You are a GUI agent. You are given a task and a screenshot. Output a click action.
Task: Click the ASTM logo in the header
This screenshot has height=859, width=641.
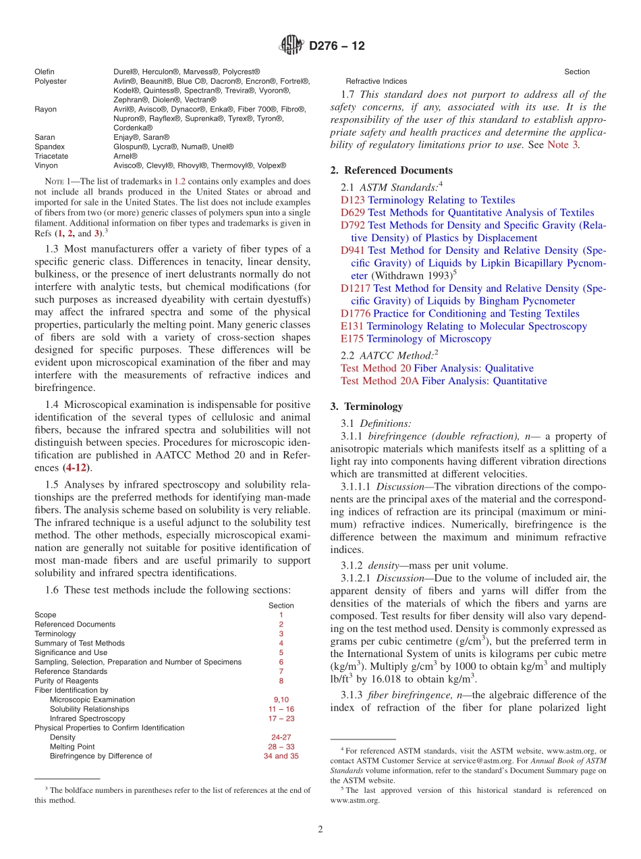coord(292,46)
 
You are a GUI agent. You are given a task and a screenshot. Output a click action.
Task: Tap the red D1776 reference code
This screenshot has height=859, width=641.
coord(356,313)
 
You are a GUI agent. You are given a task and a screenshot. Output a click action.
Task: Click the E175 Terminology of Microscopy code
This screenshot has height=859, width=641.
coord(352,339)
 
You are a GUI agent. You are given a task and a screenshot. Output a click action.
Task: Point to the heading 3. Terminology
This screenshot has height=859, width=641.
coord(366,407)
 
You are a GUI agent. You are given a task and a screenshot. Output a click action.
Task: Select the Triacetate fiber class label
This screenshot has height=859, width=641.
coord(51,156)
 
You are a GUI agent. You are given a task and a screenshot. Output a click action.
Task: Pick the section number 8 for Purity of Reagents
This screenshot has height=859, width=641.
coord(281,681)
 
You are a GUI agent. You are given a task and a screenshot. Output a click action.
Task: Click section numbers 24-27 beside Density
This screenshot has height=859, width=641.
coord(281,737)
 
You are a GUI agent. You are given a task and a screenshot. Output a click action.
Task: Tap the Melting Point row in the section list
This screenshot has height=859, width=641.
coord(72,747)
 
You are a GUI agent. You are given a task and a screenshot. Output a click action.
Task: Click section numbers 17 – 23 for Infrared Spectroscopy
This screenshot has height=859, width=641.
coord(281,719)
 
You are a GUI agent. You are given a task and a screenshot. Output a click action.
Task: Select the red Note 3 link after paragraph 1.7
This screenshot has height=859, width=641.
coord(562,145)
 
